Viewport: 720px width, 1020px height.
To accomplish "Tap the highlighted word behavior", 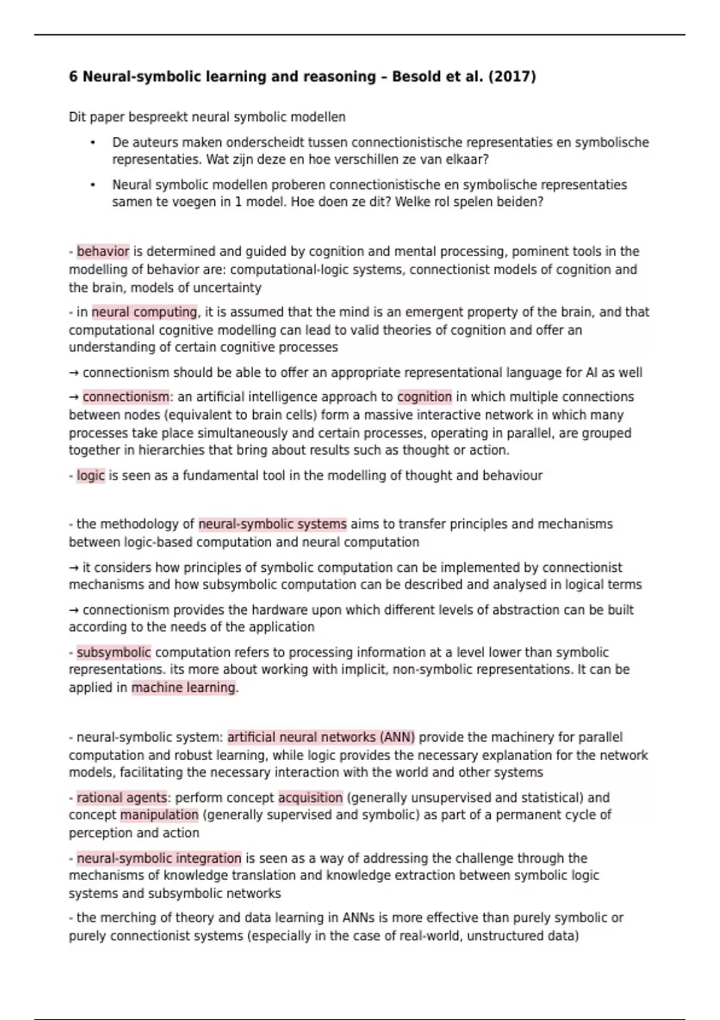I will tap(103, 251).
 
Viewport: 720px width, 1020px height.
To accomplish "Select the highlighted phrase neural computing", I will tap(144, 312).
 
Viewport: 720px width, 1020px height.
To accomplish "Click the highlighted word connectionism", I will tap(126, 397).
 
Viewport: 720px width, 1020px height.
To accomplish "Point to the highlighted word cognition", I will tap(424, 397).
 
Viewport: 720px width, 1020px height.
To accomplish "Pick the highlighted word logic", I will tap(91, 476).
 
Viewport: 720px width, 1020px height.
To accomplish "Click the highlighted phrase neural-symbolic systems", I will tap(272, 524).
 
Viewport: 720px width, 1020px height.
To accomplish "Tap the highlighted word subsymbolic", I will tap(113, 652).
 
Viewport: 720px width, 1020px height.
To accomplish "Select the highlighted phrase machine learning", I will tap(184, 688).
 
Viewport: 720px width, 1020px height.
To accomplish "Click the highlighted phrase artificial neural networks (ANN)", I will tap(321, 737).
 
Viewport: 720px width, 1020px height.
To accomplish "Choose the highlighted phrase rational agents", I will tap(122, 798).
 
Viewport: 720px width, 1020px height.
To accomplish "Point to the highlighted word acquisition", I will tap(310, 798).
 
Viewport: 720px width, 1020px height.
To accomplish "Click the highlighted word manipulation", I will tap(159, 815).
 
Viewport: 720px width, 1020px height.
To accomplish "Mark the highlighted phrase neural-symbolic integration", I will tap(159, 859).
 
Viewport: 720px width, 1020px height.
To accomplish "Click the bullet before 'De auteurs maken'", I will tap(93, 143).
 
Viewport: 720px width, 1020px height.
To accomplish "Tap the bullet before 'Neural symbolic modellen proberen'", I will tap(93, 185).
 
